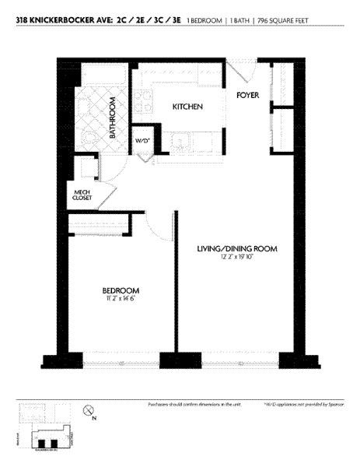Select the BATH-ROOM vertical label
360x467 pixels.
(x=114, y=118)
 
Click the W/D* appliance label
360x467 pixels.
(x=142, y=141)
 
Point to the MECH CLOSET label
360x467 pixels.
(x=82, y=195)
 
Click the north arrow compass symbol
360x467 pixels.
(x=88, y=411)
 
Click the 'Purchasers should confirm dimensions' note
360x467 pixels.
(x=192, y=405)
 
